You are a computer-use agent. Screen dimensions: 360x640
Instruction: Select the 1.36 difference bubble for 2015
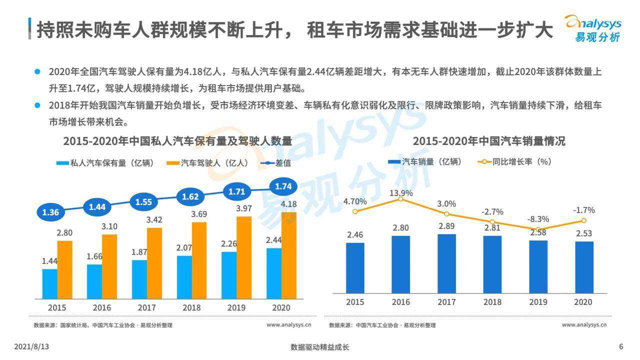pos(50,212)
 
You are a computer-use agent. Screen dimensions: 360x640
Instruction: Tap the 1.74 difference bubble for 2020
pos(283,186)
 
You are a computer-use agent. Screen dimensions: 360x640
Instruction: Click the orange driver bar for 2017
pos(154,263)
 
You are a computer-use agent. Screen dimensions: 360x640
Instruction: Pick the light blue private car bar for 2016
pos(94,281)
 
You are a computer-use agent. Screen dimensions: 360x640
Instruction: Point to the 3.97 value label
pos(244,208)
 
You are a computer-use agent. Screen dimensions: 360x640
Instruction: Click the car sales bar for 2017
pos(446,263)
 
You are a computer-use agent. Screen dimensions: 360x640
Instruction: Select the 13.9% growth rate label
pos(401,193)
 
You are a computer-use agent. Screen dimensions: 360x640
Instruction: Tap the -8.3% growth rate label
pos(538,219)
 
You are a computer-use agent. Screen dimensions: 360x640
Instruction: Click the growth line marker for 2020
pos(583,220)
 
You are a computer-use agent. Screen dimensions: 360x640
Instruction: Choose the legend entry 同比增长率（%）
pos(515,162)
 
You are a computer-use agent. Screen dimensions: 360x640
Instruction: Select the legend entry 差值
pos(276,163)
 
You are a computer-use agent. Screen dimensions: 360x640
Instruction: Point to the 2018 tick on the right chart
pos(492,302)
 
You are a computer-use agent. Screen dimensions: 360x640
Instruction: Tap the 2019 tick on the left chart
pos(236,307)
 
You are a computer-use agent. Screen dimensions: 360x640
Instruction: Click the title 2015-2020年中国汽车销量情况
pos(488,141)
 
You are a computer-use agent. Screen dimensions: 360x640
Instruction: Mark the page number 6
pos(621,346)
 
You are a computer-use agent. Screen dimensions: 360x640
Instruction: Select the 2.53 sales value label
pos(583,233)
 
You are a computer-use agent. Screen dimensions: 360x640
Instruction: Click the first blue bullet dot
pos(37,71)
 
